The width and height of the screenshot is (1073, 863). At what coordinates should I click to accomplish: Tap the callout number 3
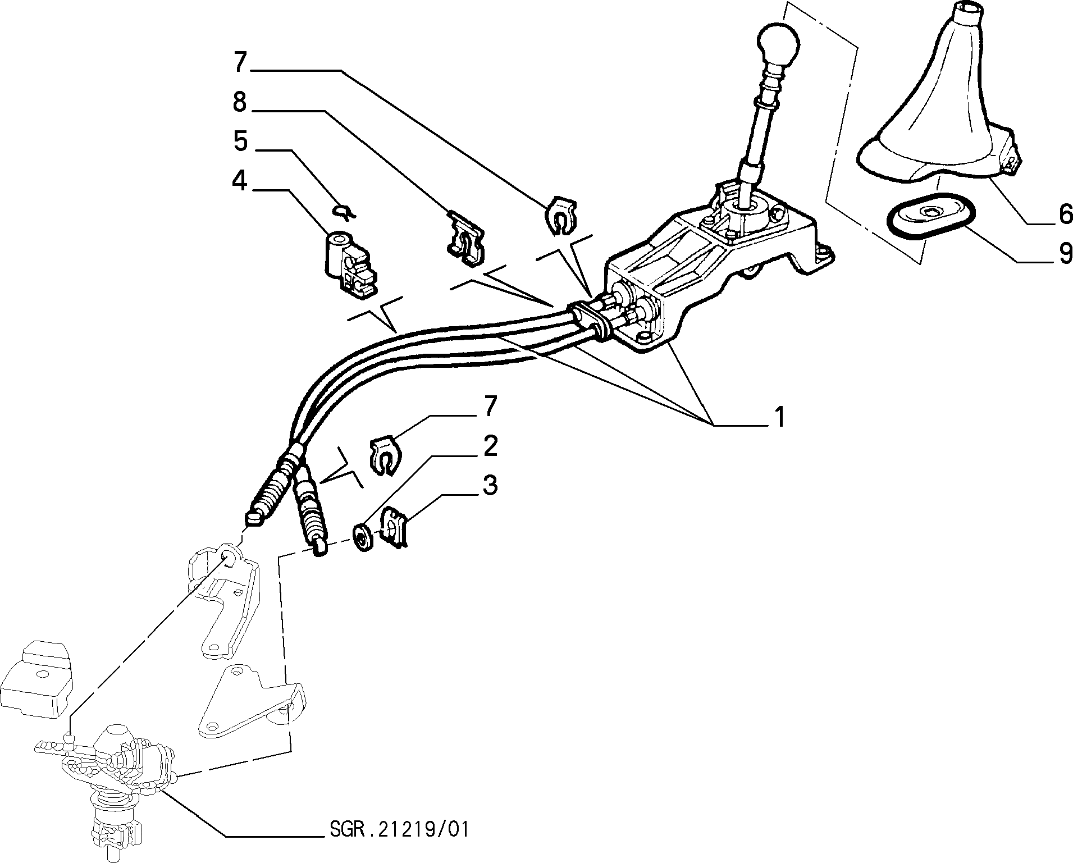[490, 485]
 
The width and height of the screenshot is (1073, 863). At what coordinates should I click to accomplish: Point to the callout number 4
[240, 181]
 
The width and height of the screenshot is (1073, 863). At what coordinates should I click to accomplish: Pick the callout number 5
[240, 141]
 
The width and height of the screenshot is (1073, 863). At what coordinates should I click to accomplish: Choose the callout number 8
[240, 102]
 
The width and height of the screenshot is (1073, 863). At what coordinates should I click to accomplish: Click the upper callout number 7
[240, 62]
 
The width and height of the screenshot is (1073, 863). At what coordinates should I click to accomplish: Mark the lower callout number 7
[490, 406]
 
